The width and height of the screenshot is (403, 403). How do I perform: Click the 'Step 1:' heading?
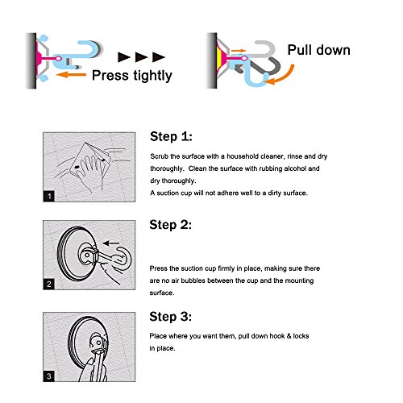[171, 136]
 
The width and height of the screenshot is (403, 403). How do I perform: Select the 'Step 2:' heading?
[171, 225]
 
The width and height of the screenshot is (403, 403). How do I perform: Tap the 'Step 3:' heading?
[171, 316]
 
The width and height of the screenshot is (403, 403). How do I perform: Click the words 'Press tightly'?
[132, 76]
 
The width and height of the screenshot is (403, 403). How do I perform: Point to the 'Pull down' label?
[319, 50]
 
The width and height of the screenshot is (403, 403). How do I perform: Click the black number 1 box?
[49, 196]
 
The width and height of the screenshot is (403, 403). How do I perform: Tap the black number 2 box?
[49, 285]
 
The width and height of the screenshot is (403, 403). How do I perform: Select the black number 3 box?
[49, 376]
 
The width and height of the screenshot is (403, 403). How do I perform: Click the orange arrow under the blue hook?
[71, 74]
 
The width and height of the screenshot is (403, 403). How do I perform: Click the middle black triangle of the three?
[142, 57]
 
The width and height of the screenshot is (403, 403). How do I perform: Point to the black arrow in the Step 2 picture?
[111, 243]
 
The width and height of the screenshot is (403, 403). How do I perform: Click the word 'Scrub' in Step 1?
[159, 156]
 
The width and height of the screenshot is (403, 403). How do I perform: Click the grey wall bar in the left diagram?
[31, 60]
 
